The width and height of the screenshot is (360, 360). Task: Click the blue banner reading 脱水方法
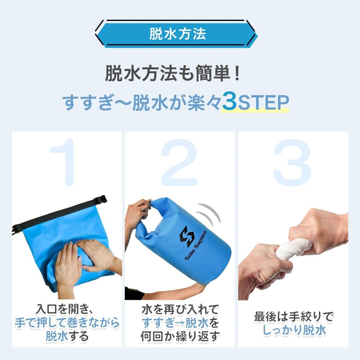[177, 34]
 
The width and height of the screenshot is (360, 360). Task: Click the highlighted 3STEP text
[255, 103]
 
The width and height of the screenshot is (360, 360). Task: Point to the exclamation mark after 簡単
[237, 73]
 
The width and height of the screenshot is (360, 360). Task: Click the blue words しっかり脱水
[294, 330]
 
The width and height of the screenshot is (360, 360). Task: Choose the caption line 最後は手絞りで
[294, 316]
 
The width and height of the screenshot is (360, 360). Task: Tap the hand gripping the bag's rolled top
[141, 210]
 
